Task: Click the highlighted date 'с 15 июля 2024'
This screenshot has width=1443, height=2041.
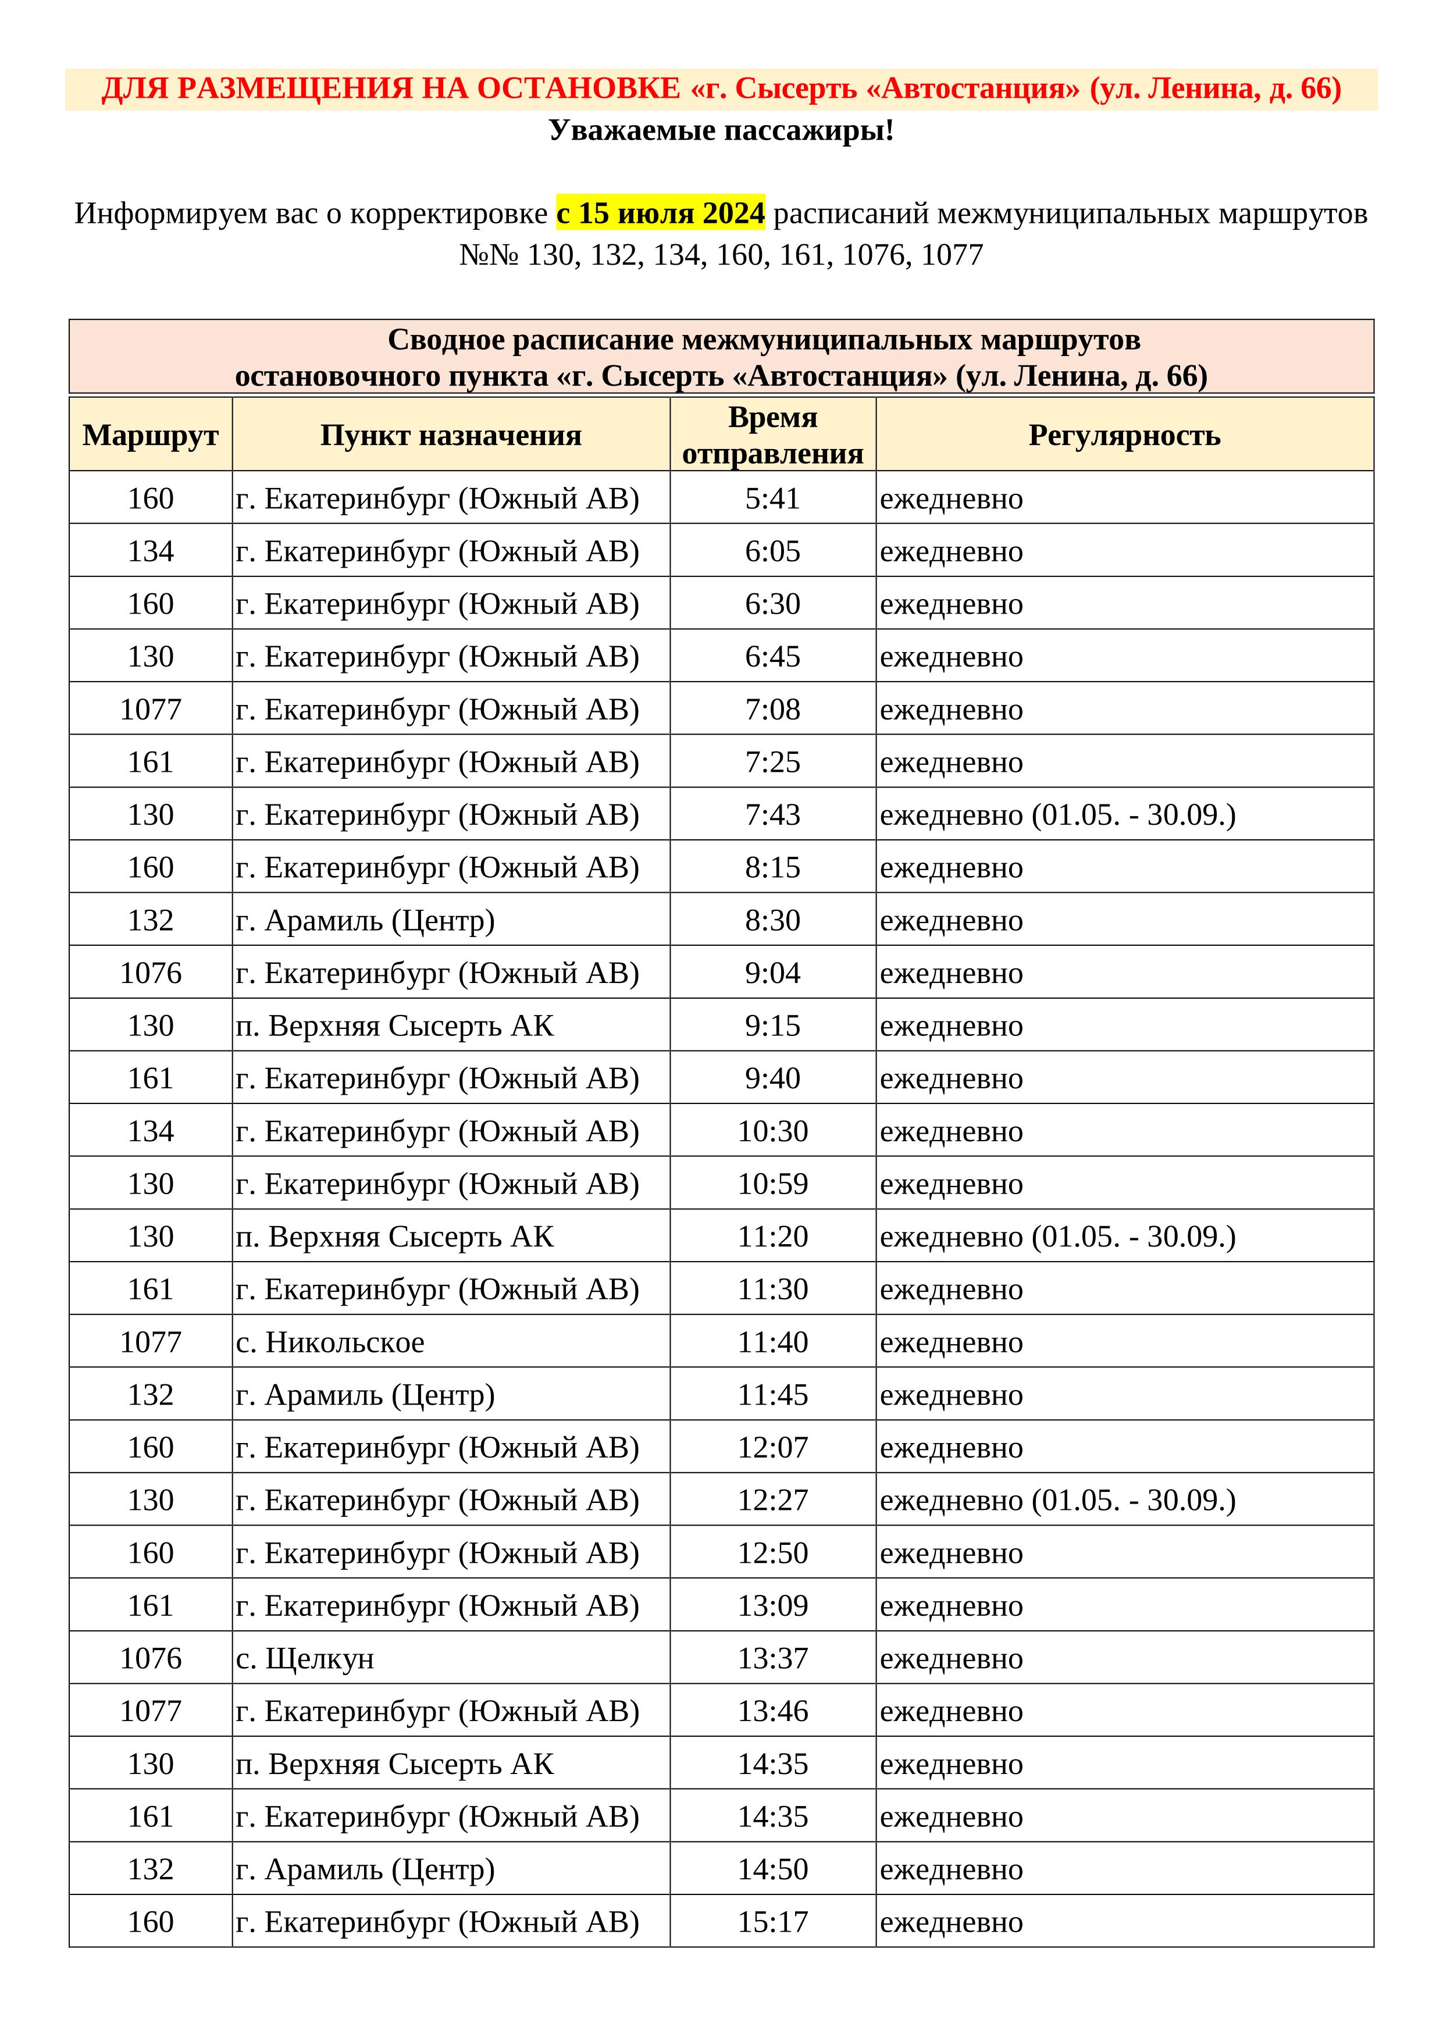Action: pyautogui.click(x=660, y=213)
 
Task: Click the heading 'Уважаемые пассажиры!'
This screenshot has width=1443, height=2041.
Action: pyautogui.click(x=721, y=131)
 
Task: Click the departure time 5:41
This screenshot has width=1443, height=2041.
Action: pyautogui.click(x=772, y=498)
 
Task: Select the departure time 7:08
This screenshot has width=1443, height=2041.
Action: pyautogui.click(x=772, y=710)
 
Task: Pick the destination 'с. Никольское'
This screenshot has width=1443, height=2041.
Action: pyautogui.click(x=331, y=1342)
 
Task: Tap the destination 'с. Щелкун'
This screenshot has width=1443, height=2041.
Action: pyautogui.click(x=305, y=1659)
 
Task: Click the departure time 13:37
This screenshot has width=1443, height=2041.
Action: pyautogui.click(x=772, y=1659)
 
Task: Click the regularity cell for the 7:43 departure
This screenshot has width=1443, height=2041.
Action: pyautogui.click(x=1057, y=815)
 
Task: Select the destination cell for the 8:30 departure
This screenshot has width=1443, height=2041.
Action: pyautogui.click(x=365, y=920)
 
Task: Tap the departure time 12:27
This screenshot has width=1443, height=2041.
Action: pyautogui.click(x=772, y=1501)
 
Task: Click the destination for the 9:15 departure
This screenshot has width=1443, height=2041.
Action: pyautogui.click(x=395, y=1026)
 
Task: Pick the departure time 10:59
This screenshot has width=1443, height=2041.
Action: pyautogui.click(x=772, y=1184)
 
